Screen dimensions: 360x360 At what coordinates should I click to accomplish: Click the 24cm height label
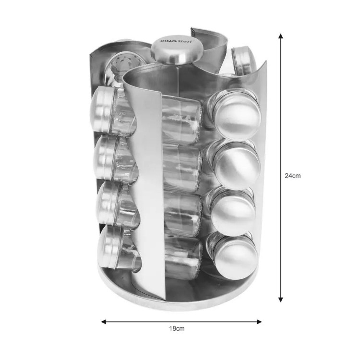pos(292,176)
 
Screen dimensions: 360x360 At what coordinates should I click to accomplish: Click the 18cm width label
pos(177,328)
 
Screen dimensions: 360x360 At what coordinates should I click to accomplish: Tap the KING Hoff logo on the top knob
pos(177,41)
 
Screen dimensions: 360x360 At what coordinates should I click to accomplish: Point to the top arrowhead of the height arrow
pos(280,36)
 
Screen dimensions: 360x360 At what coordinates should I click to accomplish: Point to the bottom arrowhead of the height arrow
pos(280,299)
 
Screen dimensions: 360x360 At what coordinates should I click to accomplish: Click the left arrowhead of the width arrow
pos(104,322)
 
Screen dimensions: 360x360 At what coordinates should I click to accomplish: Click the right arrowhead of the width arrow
pos(259,322)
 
